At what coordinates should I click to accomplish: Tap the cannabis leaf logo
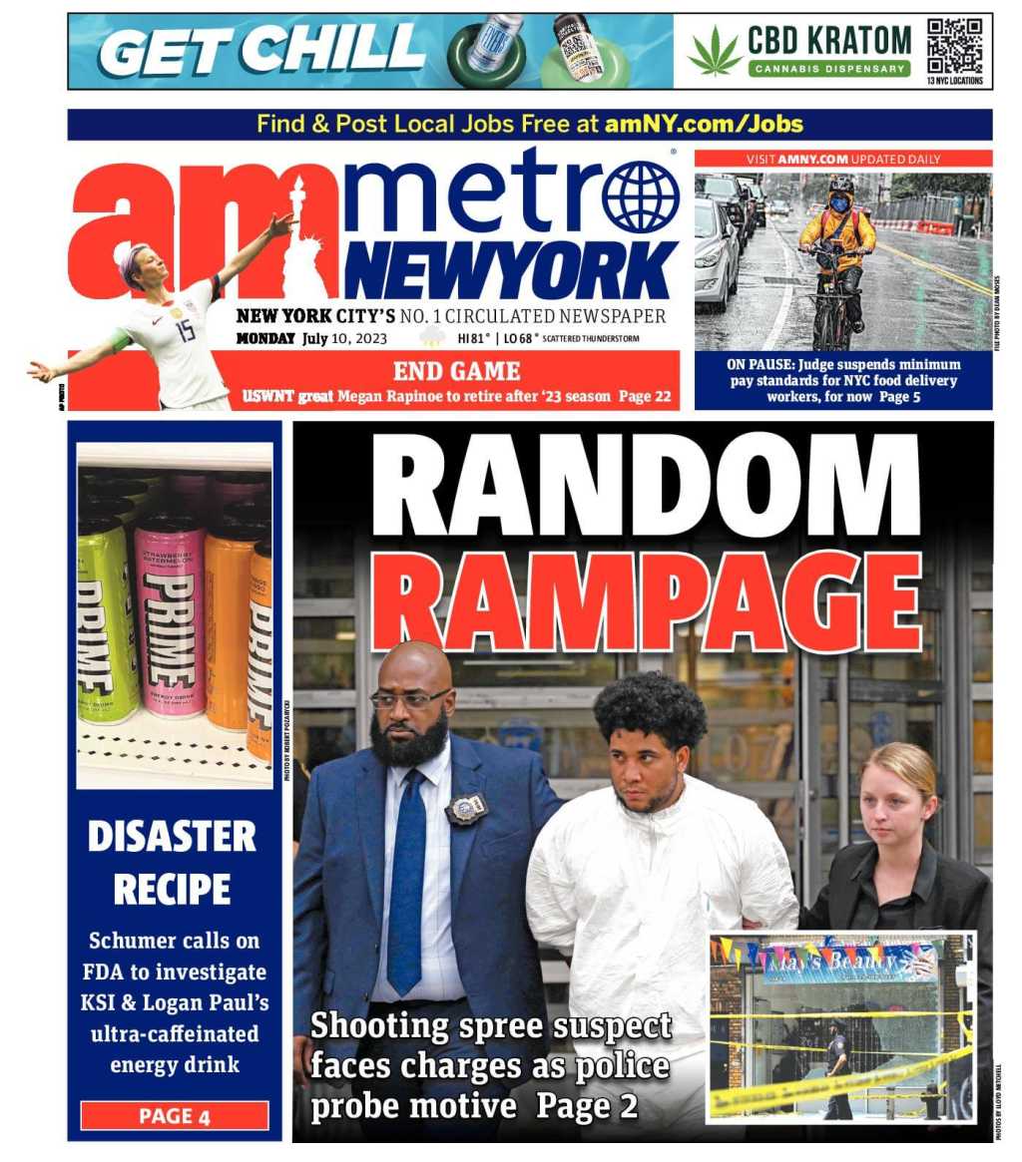coord(715,52)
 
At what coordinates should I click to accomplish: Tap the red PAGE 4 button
coord(175,1115)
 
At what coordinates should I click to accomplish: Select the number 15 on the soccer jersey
coord(186,330)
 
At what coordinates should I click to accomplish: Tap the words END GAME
coord(456,372)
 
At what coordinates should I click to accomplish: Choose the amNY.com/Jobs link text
coord(704,125)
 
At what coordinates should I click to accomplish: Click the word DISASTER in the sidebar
coord(172,837)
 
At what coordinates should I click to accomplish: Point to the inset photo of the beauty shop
coord(840,1027)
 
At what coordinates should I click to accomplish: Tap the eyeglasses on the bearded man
coord(408,699)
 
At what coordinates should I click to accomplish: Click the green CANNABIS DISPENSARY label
coord(829,69)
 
